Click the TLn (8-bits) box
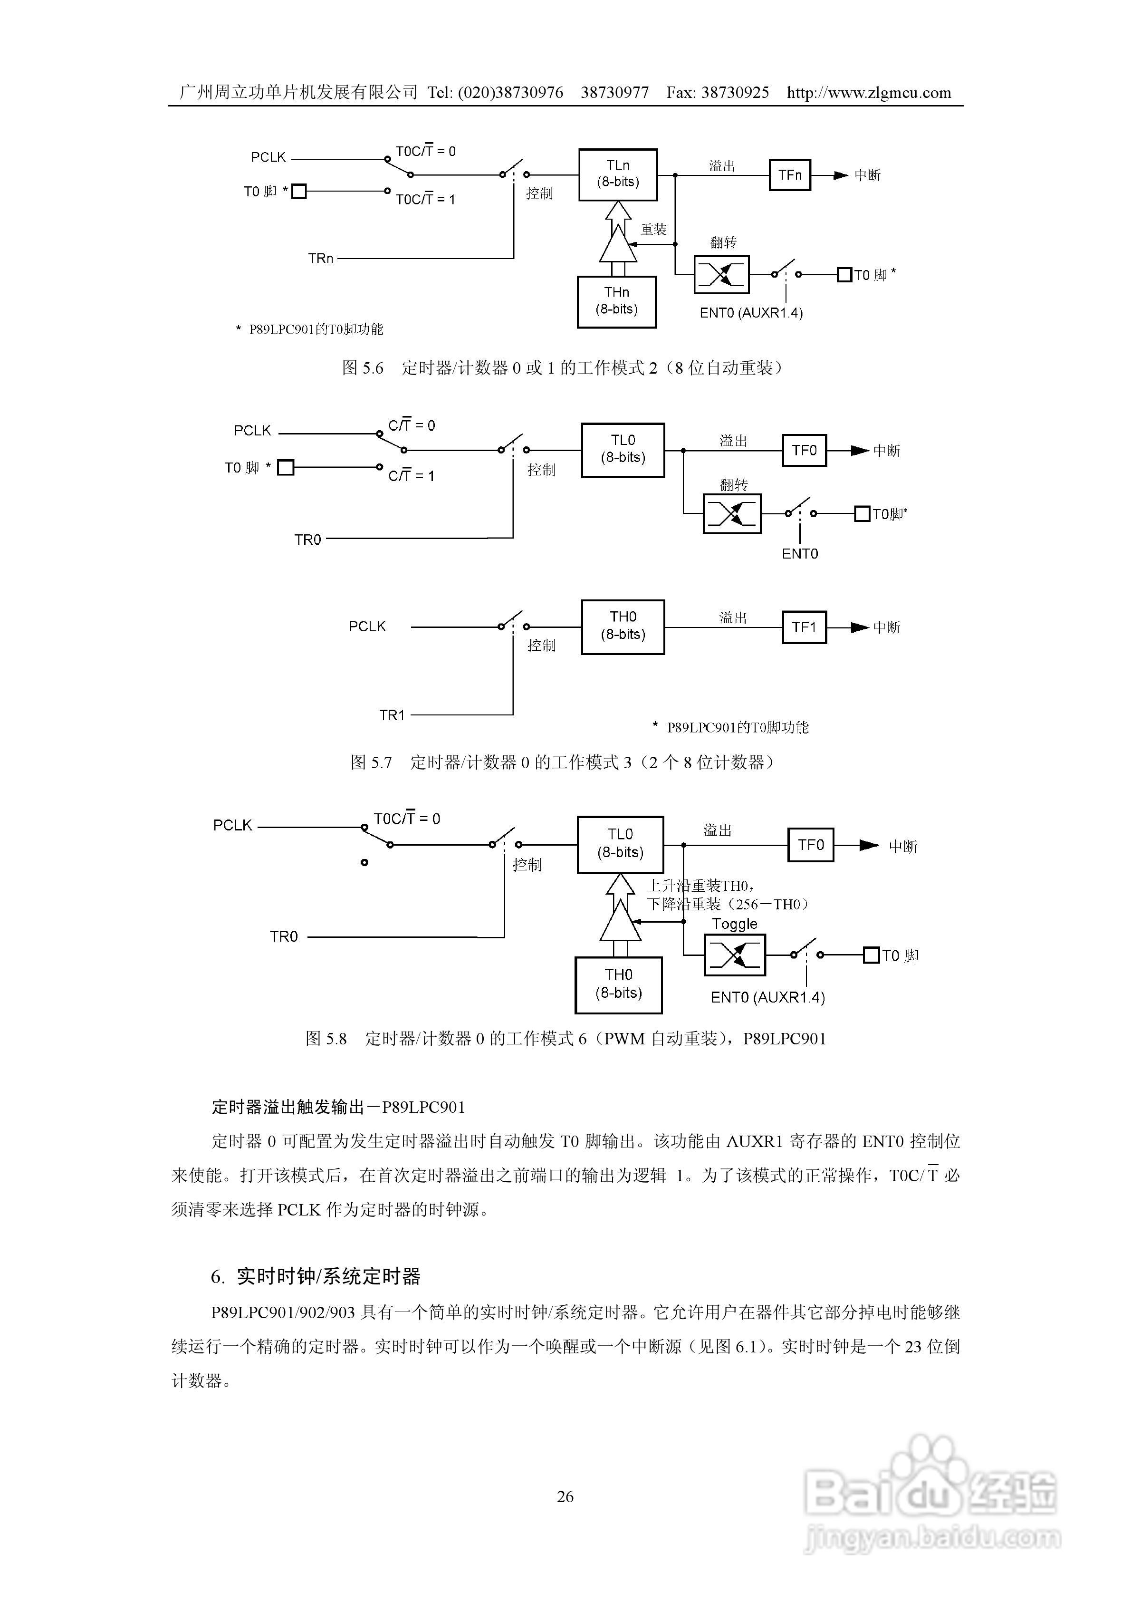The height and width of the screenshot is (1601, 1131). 618,174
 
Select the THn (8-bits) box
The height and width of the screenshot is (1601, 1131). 616,301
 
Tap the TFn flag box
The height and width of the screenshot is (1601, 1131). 789,175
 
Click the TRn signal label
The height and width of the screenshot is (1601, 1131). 321,259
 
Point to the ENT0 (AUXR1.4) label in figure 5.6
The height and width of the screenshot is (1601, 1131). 751,313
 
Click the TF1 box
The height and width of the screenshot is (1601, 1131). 804,627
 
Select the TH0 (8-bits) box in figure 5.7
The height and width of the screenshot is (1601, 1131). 623,626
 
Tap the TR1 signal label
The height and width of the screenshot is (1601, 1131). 392,715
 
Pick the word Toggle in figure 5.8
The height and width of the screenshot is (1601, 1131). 734,924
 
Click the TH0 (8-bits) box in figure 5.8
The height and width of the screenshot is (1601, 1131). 618,984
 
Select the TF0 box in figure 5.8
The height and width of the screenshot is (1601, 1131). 810,845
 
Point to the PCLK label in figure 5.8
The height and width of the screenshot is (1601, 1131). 232,826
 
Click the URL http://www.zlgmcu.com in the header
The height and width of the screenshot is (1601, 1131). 869,93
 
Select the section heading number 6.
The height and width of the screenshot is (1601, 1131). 217,1277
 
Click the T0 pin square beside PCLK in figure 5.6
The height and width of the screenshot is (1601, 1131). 298,191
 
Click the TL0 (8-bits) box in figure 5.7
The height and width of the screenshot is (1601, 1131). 623,449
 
